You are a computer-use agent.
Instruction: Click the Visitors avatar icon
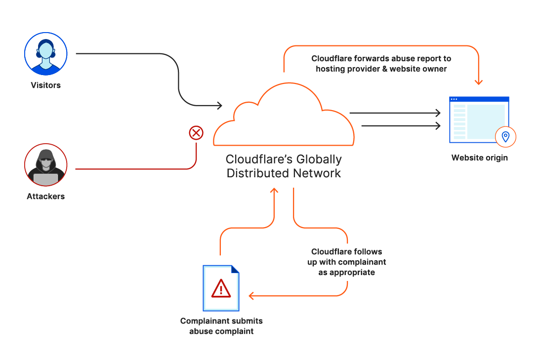pyautogui.click(x=45, y=53)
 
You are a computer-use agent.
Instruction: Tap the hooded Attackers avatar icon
pyautogui.click(x=45, y=165)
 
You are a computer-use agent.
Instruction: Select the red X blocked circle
pyautogui.click(x=196, y=133)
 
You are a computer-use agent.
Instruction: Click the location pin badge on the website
pyautogui.click(x=505, y=137)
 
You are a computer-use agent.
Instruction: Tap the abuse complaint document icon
pyautogui.click(x=221, y=288)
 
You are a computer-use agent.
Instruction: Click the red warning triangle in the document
pyautogui.click(x=221, y=288)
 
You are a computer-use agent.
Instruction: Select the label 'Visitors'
pyautogui.click(x=45, y=85)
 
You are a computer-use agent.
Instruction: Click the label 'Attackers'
pyautogui.click(x=45, y=197)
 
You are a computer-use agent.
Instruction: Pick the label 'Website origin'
pyautogui.click(x=479, y=158)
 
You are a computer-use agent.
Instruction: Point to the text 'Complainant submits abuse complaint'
pyautogui.click(x=221, y=326)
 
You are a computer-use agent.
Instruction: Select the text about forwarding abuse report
pyautogui.click(x=381, y=64)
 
